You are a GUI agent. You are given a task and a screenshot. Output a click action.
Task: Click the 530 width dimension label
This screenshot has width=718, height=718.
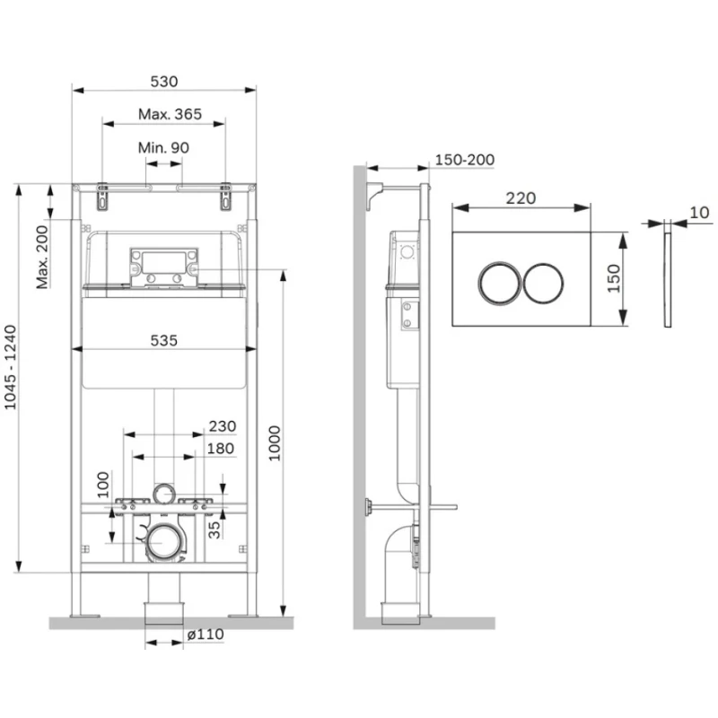tap(164, 82)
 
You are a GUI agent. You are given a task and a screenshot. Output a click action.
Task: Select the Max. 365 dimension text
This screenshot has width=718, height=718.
tap(170, 114)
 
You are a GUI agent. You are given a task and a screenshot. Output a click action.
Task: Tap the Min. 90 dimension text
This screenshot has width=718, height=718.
tap(163, 147)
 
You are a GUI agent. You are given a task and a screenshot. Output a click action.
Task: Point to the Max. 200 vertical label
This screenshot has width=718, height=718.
tap(42, 257)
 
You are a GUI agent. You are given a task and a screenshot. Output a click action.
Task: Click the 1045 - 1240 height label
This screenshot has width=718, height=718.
tap(10, 367)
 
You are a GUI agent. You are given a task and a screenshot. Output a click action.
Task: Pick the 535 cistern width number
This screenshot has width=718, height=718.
tap(164, 340)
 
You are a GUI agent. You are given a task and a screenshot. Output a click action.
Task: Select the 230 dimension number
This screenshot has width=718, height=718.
tap(223, 426)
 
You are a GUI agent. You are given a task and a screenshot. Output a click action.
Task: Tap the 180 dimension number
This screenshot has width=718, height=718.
tap(221, 448)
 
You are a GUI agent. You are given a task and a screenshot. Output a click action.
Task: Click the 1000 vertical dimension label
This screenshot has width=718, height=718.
tap(275, 442)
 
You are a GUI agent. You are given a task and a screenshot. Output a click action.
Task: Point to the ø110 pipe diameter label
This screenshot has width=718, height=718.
tap(206, 635)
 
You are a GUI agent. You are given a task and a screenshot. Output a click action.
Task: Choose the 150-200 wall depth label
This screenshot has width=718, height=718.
tap(464, 160)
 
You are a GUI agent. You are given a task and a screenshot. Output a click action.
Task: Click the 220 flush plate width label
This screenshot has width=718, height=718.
tap(521, 198)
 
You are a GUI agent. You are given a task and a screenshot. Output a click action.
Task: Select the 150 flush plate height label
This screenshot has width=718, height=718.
tap(613, 279)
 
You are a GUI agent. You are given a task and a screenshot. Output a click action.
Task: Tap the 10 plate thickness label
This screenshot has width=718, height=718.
tap(699, 213)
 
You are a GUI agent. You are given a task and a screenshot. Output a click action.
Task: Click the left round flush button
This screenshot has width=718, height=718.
tap(500, 284)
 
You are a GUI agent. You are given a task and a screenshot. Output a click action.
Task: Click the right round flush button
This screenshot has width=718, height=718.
tap(543, 284)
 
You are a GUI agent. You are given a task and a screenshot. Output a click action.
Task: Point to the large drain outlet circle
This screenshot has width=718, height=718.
tap(164, 543)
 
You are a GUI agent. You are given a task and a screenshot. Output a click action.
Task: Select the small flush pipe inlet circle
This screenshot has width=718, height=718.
tap(164, 495)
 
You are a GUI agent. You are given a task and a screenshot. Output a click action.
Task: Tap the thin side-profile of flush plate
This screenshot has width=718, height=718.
tap(668, 280)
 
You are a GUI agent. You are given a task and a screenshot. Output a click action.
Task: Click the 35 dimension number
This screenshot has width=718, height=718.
tap(215, 530)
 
